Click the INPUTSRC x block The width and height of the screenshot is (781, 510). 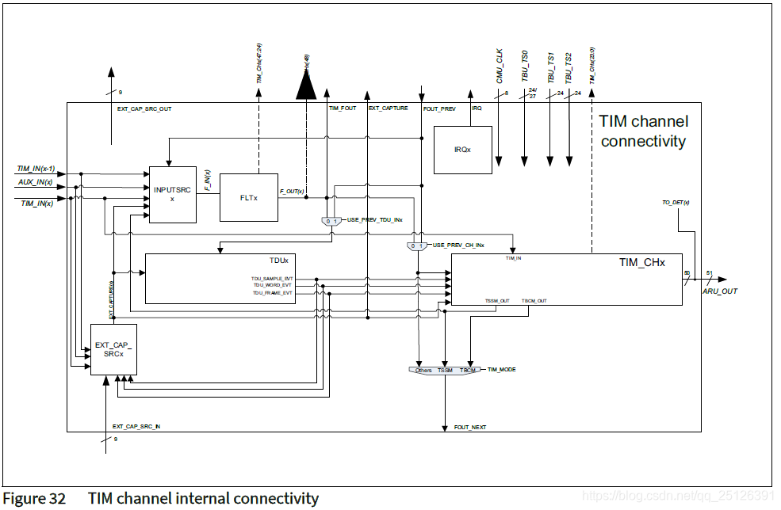[x=172, y=195]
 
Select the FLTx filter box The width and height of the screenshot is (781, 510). [x=248, y=197]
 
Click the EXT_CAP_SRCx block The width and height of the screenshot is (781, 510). [x=113, y=349]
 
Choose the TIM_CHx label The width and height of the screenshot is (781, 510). [x=641, y=261]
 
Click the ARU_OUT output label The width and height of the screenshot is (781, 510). [x=719, y=291]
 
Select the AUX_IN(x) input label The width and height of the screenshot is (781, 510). [x=35, y=182]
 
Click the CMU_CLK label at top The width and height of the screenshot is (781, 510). [x=500, y=67]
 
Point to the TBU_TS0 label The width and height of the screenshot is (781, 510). [x=524, y=67]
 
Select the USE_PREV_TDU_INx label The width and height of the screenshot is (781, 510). [x=375, y=219]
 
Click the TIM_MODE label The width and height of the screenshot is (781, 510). [x=501, y=370]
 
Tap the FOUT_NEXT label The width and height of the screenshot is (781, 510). [x=469, y=428]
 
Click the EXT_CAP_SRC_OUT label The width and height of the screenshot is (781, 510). [x=144, y=108]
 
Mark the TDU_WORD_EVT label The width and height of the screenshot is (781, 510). [x=272, y=286]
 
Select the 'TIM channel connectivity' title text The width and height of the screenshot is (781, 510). [x=643, y=131]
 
